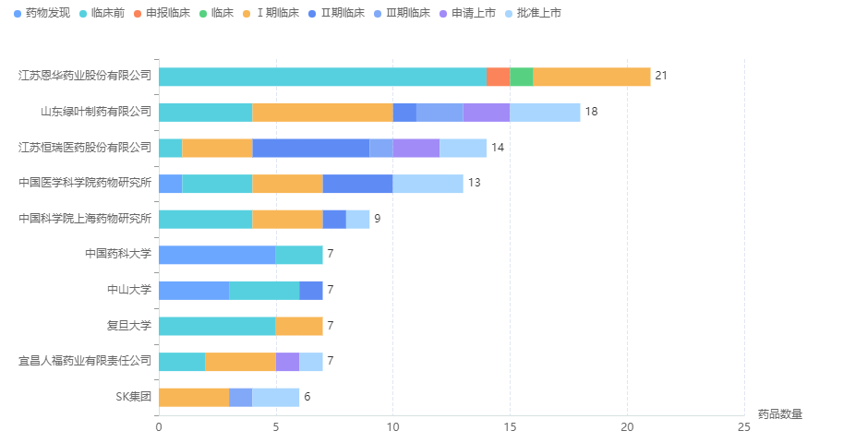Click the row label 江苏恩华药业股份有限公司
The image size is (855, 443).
point(85,76)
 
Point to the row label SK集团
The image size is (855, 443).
point(133,397)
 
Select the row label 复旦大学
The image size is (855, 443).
point(128,326)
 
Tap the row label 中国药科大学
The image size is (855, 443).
point(117,254)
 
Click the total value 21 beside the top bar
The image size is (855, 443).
point(661,76)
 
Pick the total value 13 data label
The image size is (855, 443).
point(474,183)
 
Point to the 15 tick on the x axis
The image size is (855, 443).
point(510,427)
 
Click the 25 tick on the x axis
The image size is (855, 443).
point(744,427)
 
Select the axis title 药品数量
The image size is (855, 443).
point(779,414)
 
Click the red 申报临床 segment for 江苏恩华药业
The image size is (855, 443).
point(498,77)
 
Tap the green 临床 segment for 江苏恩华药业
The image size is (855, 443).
point(521,77)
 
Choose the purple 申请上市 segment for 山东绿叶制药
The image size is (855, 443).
point(486,112)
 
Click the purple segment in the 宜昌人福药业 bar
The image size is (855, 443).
point(287,362)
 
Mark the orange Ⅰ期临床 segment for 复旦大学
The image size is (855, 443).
point(299,326)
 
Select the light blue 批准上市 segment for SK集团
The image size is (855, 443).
point(275,398)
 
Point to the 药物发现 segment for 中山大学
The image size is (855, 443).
point(194,290)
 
